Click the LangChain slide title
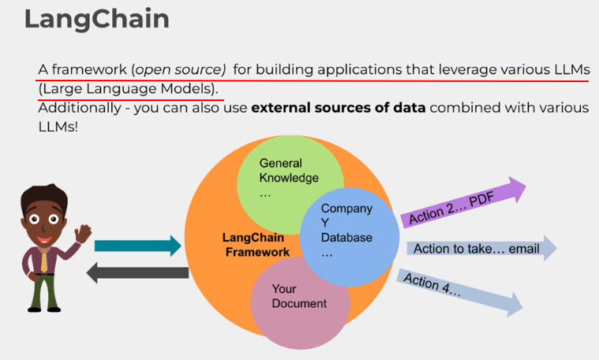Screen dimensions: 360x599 pos(96,18)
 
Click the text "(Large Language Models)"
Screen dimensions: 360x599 pos(129,88)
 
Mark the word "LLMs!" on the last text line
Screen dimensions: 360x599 pos(58,126)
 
